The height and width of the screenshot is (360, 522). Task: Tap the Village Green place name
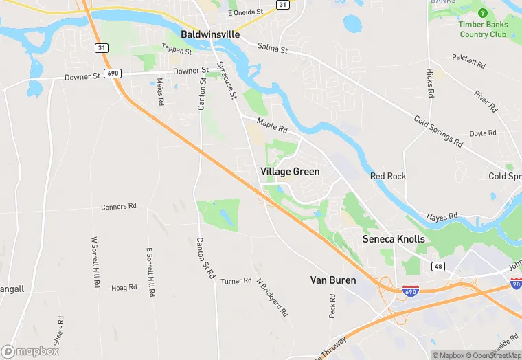coord(290,171)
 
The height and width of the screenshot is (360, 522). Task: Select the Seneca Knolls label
coord(394,239)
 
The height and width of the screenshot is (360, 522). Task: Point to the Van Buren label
coord(333,280)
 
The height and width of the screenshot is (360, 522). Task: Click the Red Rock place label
coord(388,176)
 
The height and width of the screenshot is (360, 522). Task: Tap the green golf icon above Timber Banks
coord(482,12)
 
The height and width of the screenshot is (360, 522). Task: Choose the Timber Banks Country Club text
coord(483,30)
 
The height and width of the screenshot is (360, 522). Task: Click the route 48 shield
coord(438,265)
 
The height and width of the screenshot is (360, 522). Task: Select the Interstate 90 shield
coord(516,284)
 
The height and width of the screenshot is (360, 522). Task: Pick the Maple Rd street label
coord(271,125)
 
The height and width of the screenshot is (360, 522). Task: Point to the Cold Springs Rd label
coord(438,131)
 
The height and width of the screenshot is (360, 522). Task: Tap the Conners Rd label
coord(119,206)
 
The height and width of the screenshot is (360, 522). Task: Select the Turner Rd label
coord(236,281)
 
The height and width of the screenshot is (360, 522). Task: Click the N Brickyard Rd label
coord(272,297)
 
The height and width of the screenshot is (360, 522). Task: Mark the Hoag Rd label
coord(124,288)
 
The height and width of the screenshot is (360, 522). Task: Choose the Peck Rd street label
coord(332,306)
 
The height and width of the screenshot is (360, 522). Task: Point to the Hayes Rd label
coord(442,217)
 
